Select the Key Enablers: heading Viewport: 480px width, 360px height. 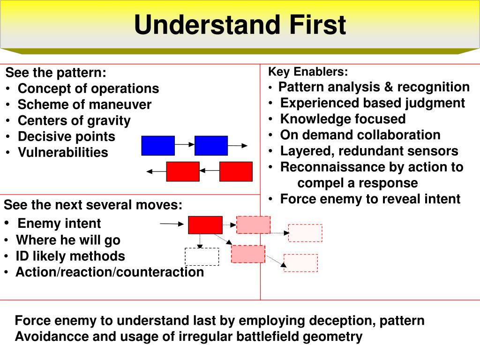pyautogui.click(x=308, y=72)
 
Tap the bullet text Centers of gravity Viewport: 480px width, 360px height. pyautogui.click(x=74, y=120)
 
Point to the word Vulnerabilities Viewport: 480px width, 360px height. pyautogui.click(x=63, y=152)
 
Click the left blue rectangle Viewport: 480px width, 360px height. pyautogui.click(x=158, y=145)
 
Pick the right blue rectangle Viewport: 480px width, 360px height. pyautogui.click(x=211, y=145)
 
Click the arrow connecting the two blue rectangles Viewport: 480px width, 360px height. pyautogui.click(x=184, y=145)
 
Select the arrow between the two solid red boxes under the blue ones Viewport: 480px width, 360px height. pyautogui.click(x=209, y=171)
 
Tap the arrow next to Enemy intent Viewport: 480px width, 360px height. pyautogui.click(x=172, y=224)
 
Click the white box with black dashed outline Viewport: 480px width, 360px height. pyautogui.click(x=202, y=256)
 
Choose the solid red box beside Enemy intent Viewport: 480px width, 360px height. pyautogui.click(x=205, y=225)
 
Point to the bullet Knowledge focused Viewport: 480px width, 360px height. pyautogui.click(x=343, y=119)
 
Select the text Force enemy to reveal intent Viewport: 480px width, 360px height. pyautogui.click(x=370, y=199)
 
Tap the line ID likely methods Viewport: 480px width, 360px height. pyautogui.click(x=70, y=256)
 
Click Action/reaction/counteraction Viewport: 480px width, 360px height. pyautogui.click(x=110, y=272)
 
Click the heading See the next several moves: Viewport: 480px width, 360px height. pyautogui.click(x=93, y=205)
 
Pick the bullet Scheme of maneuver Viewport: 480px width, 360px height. pyautogui.click(x=84, y=105)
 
